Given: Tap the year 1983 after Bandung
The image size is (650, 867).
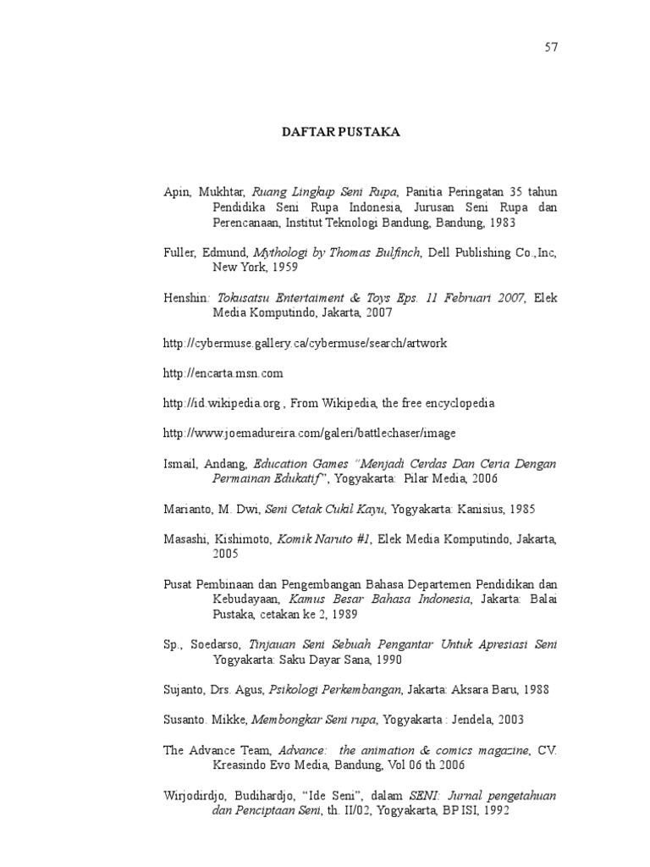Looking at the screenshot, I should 499,223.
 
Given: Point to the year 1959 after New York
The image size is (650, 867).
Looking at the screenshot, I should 284,268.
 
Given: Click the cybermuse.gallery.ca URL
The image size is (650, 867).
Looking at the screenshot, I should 305,343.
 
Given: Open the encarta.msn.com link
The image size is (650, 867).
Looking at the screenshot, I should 223,373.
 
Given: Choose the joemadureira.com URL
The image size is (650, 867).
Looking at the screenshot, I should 309,433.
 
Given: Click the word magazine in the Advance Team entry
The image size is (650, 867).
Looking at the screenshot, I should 500,750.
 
